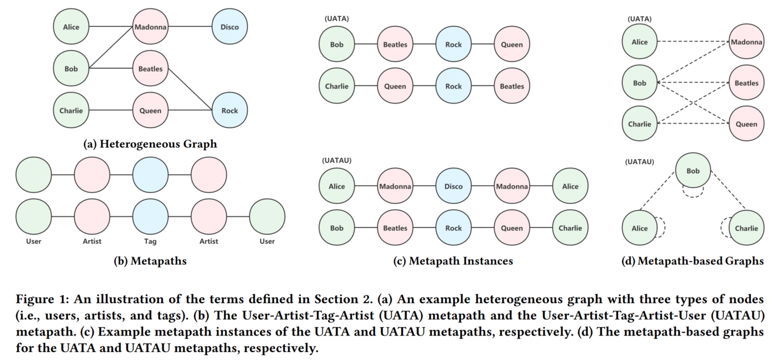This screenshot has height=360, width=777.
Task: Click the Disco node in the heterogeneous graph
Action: [x=230, y=27]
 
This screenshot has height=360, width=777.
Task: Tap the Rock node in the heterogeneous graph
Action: [x=230, y=111]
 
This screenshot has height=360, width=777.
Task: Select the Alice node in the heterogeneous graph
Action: [x=71, y=27]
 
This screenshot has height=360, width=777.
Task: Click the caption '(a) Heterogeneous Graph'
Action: [x=150, y=144]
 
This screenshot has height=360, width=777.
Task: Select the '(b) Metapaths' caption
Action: [x=150, y=261]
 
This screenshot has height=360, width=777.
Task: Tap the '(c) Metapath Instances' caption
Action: [x=453, y=261]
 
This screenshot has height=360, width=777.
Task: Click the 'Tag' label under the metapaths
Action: [x=150, y=241]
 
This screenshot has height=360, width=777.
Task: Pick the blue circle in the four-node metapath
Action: [x=150, y=175]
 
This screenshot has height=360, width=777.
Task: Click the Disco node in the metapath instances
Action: [x=453, y=186]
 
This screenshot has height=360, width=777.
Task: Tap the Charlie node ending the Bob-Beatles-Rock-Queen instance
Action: [x=570, y=228]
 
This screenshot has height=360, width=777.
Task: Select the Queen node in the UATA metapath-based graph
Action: [x=746, y=124]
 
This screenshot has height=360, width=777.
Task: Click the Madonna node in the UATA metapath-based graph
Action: [x=746, y=42]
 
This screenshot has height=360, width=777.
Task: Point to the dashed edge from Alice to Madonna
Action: [x=692, y=42]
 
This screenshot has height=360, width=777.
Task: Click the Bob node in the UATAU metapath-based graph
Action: [x=693, y=170]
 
